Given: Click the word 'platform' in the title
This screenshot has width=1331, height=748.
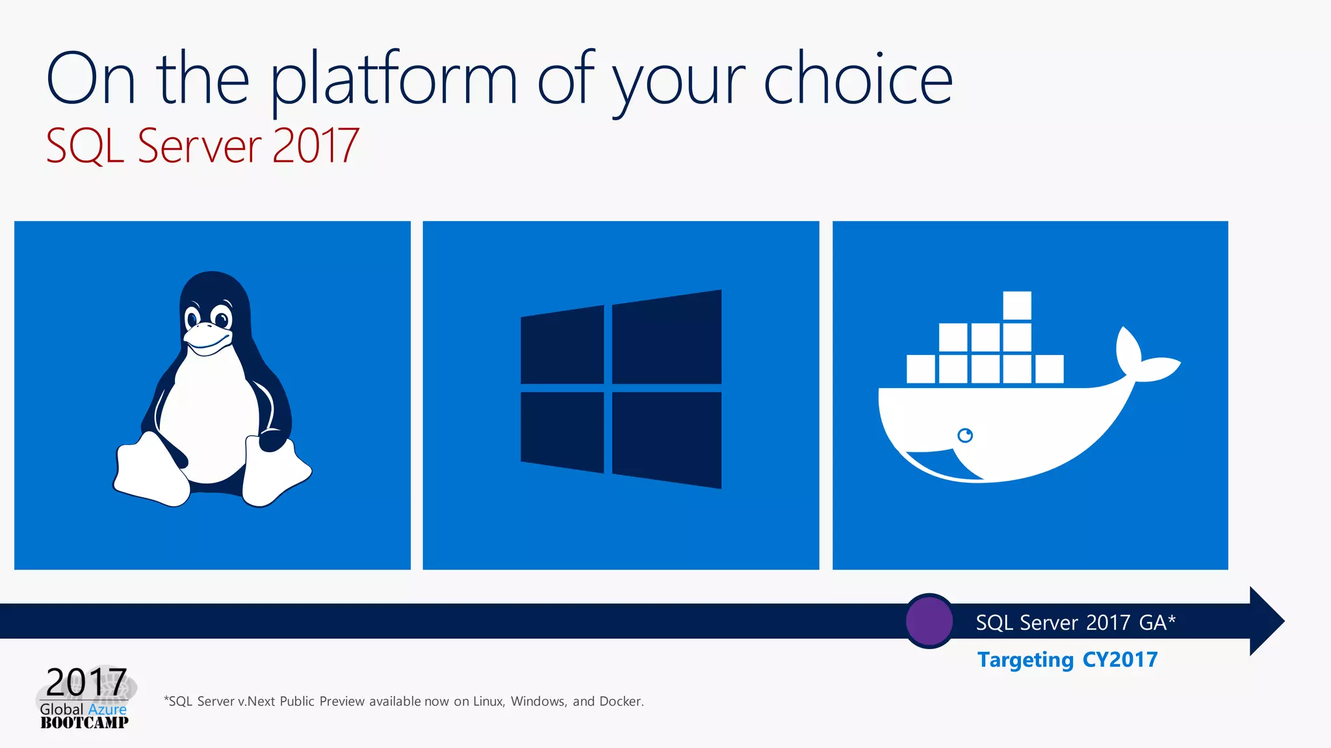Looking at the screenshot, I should [393, 81].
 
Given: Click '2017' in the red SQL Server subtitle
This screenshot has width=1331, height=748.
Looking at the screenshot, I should [315, 146].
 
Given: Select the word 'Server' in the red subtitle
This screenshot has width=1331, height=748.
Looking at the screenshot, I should [200, 146].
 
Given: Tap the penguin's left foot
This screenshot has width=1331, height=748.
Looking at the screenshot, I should [151, 471].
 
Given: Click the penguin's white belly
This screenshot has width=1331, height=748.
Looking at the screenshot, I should [208, 416].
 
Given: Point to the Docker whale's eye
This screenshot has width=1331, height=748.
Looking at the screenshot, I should [965, 435].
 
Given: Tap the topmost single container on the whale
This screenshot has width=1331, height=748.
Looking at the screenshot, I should [1017, 305].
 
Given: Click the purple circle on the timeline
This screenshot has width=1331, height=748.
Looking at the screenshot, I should [929, 621].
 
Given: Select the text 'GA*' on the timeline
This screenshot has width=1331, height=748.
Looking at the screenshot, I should [1157, 623].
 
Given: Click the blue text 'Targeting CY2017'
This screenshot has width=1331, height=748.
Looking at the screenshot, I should [1067, 660].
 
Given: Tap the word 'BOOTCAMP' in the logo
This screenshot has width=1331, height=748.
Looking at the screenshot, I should [84, 723].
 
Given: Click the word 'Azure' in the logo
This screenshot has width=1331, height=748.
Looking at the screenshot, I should [107, 709].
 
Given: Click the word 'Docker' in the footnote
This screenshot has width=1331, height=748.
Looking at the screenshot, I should [621, 701].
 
